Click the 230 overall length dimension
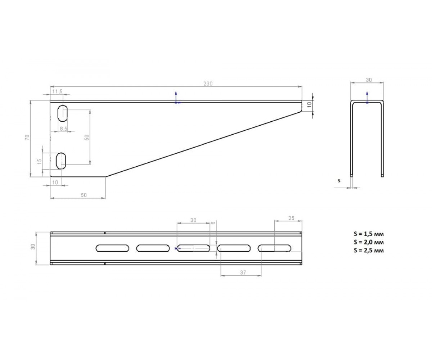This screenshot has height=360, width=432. point(208,84)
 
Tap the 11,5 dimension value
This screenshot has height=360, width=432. point(57,91)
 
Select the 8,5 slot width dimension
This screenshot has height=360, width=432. point(63,129)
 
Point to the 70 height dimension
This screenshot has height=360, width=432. point(27,138)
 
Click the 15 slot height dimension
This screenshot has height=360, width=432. point(40,161)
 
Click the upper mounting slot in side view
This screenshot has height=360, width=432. point(63,113)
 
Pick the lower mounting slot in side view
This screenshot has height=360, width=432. point(61,161)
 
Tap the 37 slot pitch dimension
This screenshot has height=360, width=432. point(243,273)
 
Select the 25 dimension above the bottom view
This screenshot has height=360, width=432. point(291,218)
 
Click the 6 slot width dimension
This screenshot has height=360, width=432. point(213,222)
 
